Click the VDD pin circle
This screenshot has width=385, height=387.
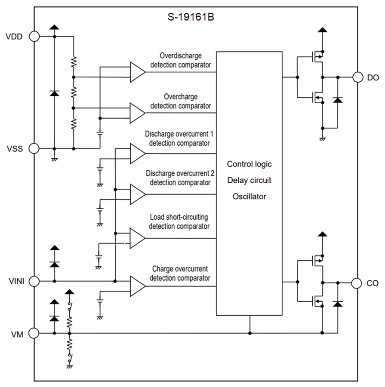[x=34, y=36]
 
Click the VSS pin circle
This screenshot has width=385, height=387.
[x=34, y=148]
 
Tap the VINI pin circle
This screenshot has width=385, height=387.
[x=34, y=281]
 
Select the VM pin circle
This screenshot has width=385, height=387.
[x=34, y=333]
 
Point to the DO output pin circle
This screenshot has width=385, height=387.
[x=357, y=77]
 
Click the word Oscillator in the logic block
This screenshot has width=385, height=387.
[x=249, y=197]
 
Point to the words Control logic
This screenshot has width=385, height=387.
[x=249, y=164]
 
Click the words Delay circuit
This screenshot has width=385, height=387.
[x=249, y=180]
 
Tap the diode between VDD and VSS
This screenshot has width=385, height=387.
[x=54, y=92]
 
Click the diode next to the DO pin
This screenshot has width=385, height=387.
[x=338, y=100]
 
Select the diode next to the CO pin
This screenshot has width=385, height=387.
[x=338, y=304]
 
